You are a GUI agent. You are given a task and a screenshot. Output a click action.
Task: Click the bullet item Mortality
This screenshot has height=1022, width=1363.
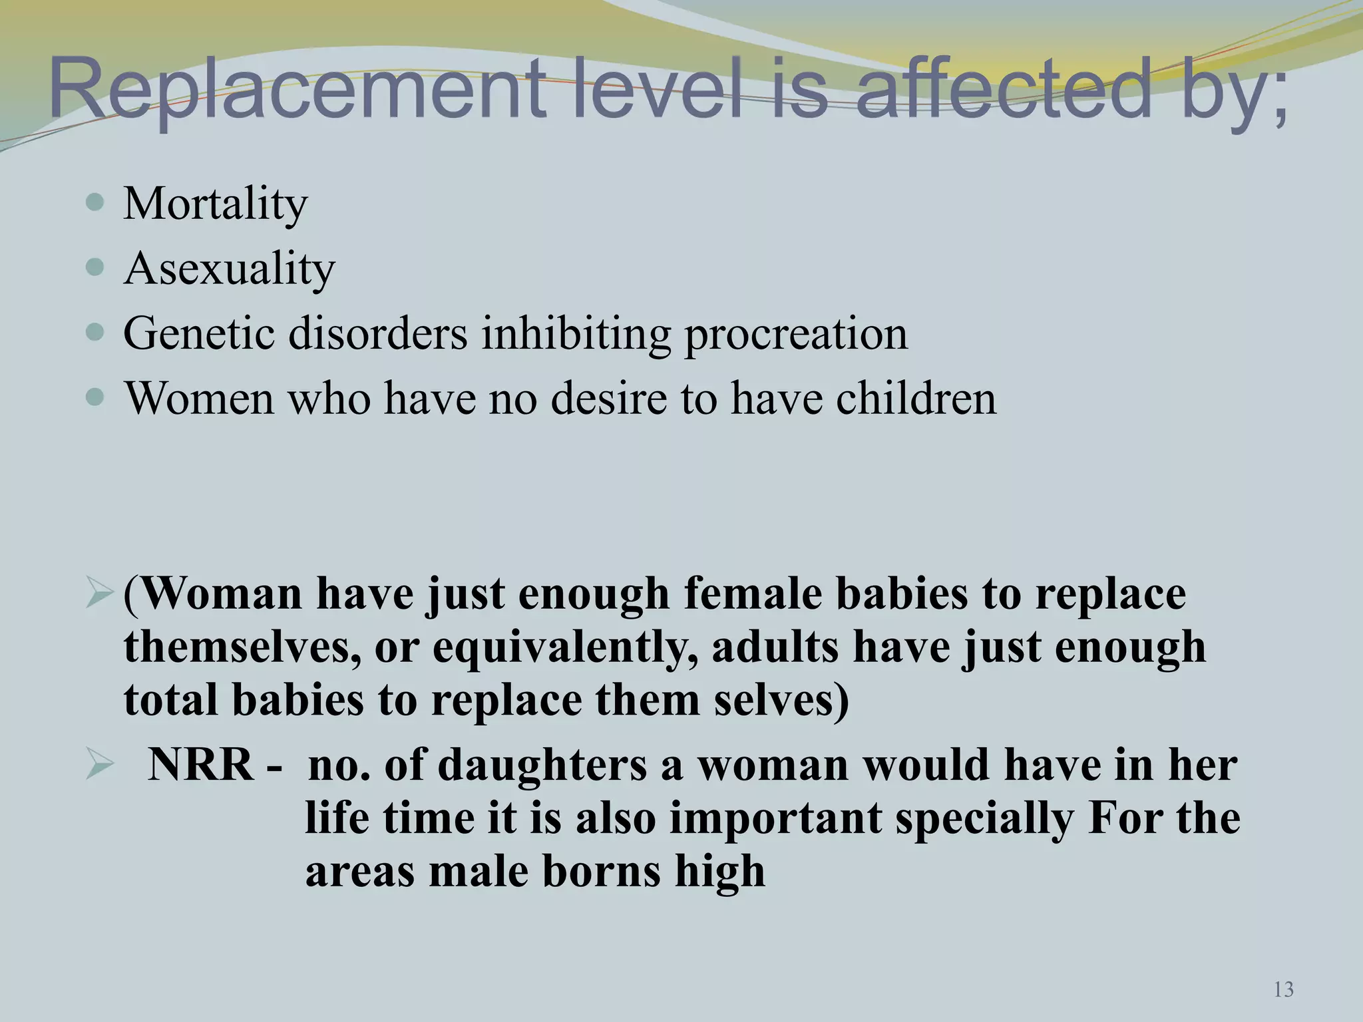pyautogui.click(x=216, y=204)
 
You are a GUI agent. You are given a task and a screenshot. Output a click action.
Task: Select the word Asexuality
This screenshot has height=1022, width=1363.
pyautogui.click(x=230, y=269)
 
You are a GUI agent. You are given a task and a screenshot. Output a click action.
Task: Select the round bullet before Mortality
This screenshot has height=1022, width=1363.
pyautogui.click(x=96, y=202)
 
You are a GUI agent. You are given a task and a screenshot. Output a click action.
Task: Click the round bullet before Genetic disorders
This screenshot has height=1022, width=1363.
pyautogui.click(x=96, y=332)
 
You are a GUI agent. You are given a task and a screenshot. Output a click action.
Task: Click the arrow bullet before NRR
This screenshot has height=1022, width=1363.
pyautogui.click(x=100, y=765)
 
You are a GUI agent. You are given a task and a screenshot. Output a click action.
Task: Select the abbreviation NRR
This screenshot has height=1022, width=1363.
pyautogui.click(x=200, y=765)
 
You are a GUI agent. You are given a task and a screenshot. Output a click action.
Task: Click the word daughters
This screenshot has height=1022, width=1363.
pyautogui.click(x=542, y=765)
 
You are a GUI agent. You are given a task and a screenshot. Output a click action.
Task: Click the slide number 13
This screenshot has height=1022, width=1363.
pyautogui.click(x=1283, y=989)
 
